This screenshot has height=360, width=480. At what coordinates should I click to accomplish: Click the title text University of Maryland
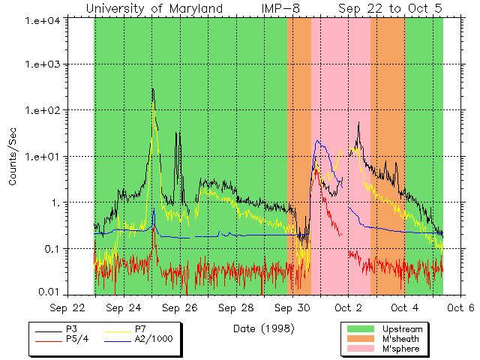(x=154, y=8)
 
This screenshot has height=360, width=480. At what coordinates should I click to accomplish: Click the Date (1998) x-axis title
(x=263, y=328)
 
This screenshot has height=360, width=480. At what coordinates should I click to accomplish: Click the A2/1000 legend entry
(x=155, y=339)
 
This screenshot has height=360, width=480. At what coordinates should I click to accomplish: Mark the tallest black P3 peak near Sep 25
(x=152, y=89)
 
